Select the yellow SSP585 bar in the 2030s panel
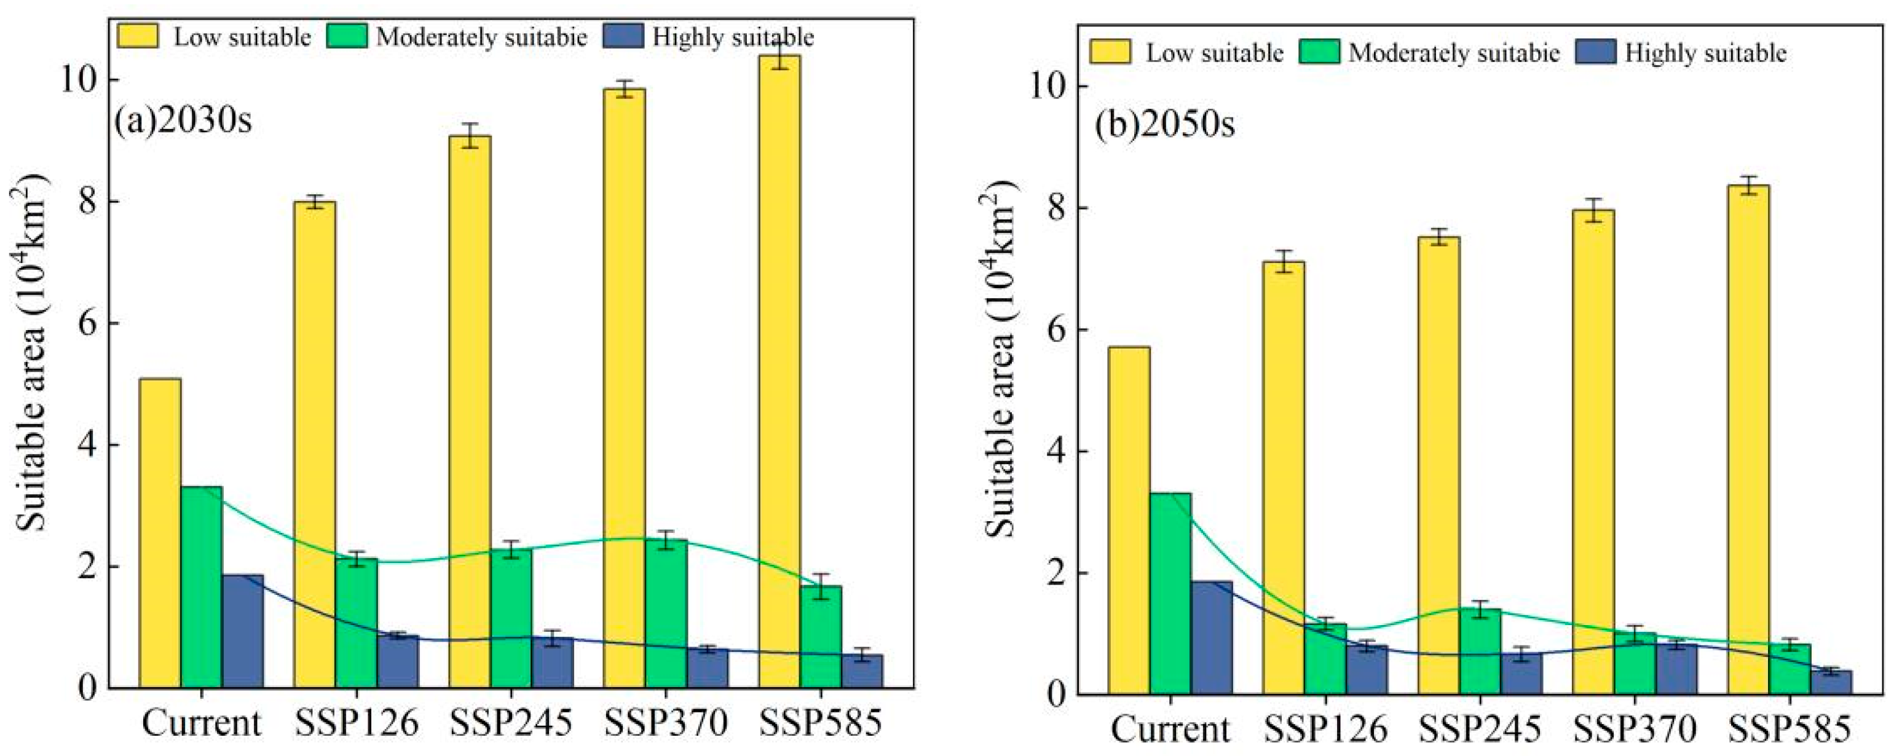click(779, 369)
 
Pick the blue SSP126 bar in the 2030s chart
click(398, 661)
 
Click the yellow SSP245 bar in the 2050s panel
click(1438, 465)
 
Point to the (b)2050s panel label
click(1164, 125)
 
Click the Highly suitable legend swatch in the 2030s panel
click(623, 36)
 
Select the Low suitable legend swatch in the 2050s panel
click(1109, 52)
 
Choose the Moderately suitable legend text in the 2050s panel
click(1454, 53)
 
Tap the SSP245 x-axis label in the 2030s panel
click(511, 723)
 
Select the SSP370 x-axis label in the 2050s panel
click(1634, 730)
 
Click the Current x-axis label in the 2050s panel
click(1170, 730)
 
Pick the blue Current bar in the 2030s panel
click(242, 631)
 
